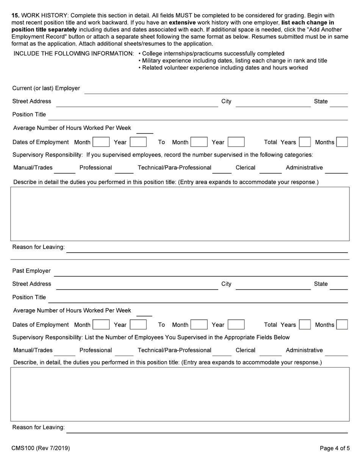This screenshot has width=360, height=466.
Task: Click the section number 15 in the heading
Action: pos(15,16)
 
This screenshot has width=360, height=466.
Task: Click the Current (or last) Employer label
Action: pos(46,88)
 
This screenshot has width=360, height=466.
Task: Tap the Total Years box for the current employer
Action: pos(304,142)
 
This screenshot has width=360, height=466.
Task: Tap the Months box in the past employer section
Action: pos(342,325)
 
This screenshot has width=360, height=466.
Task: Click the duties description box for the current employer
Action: pos(180,214)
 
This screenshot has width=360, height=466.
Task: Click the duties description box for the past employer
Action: pos(180,394)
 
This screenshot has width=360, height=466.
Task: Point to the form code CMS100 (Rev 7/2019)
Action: pos(41,448)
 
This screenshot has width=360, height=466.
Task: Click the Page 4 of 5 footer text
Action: pos(335,448)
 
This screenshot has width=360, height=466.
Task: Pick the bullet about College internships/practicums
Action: pos(211,53)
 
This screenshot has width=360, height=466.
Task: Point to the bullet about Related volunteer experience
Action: pos(223,68)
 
